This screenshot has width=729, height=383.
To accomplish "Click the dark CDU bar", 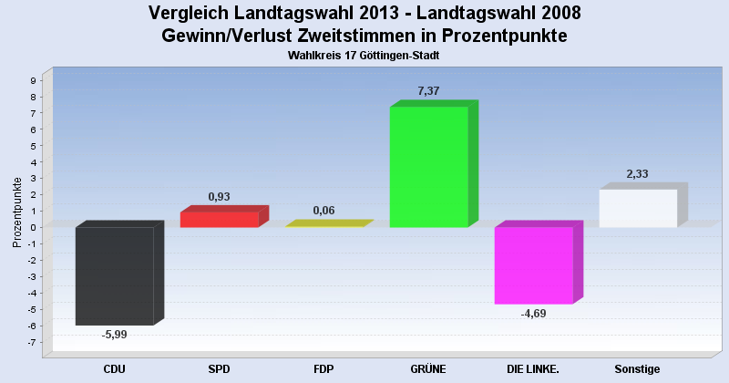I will click(114, 275).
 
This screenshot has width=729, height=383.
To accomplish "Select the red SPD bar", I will click(219, 219).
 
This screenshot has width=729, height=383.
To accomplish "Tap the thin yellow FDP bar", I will click(324, 224).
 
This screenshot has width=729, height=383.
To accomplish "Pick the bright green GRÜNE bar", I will click(428, 166).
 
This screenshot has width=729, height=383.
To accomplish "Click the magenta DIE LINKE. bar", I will click(533, 264).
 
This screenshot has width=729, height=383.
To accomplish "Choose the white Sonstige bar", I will click(638, 208).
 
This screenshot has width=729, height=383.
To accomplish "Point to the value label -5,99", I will click(115, 334).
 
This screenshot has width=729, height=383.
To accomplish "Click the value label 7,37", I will click(428, 90).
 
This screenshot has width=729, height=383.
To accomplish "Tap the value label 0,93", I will click(220, 196).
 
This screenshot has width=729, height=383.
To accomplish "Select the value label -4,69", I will click(533, 314).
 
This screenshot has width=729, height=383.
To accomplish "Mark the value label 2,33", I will click(638, 173).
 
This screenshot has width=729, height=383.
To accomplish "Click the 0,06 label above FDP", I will click(323, 211).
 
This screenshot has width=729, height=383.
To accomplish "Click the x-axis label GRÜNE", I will click(428, 369).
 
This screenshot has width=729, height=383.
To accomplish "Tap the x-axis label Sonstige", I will click(638, 369).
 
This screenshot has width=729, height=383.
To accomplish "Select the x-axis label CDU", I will click(115, 369).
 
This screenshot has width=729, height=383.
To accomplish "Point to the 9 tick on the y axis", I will click(32, 80).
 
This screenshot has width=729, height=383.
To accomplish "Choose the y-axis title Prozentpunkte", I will click(16, 212).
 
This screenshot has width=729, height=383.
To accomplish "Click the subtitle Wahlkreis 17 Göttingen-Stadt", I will click(364, 56).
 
